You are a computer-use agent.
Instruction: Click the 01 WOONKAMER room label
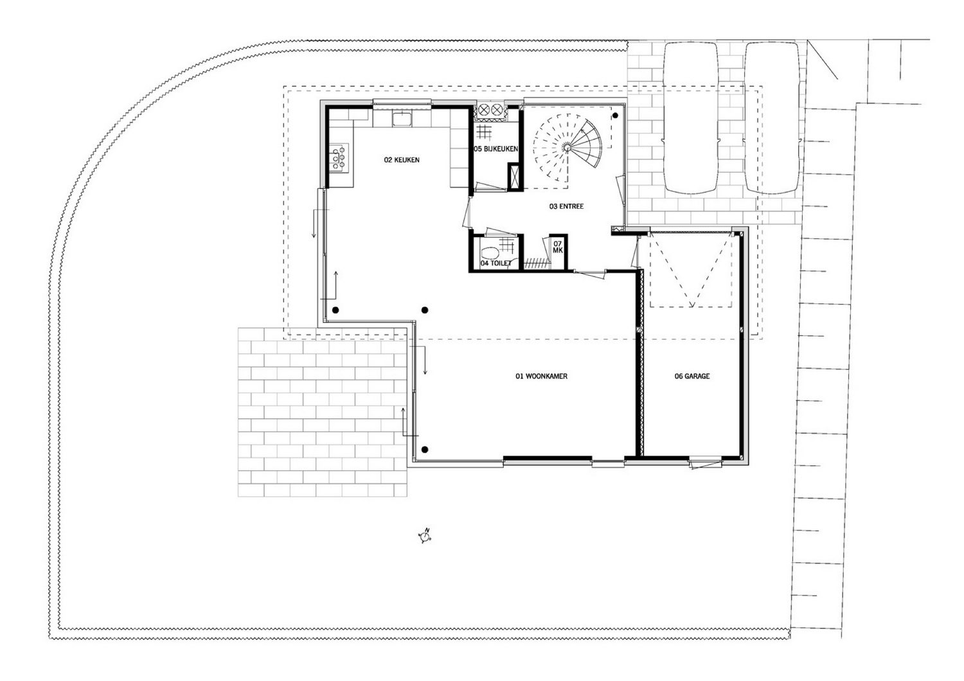click(541, 376)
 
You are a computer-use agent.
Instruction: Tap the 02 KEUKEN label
click(402, 160)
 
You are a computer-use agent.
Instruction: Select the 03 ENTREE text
click(566, 206)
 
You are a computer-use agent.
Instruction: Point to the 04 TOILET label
click(495, 263)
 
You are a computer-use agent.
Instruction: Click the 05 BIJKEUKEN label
click(495, 149)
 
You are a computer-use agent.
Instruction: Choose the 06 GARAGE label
click(692, 376)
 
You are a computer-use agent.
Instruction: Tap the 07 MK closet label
click(558, 247)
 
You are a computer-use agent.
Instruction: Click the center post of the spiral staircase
click(567, 148)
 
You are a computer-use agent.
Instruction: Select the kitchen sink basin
click(402, 118)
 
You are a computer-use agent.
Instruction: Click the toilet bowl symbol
click(490, 254)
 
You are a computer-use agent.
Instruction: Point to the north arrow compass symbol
click(425, 536)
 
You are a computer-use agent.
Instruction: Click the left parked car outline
click(690, 118)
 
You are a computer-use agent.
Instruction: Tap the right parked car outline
click(772, 118)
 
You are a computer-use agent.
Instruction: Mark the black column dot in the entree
click(616, 115)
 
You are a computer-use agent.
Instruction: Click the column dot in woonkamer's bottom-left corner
click(425, 450)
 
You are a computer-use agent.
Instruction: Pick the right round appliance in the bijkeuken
click(497, 110)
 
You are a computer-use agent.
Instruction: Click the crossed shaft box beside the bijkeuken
click(514, 177)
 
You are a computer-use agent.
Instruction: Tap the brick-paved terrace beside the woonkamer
click(323, 412)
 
